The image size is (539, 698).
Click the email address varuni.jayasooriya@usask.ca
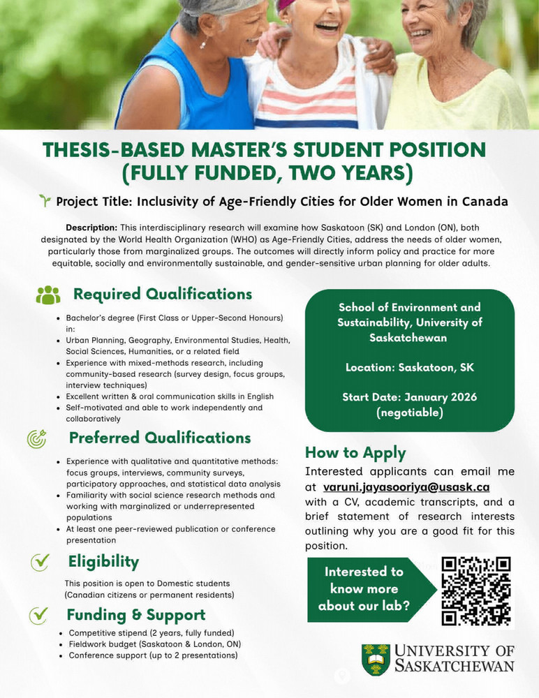[x=406, y=487]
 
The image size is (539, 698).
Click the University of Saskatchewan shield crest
[x=376, y=659]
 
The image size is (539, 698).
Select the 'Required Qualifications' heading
[x=163, y=294]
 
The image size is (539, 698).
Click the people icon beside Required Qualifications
[x=48, y=295]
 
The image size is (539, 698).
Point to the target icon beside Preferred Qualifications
[x=36, y=439]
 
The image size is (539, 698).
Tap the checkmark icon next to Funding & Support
[x=38, y=615]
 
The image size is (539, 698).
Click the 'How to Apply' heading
[x=355, y=452]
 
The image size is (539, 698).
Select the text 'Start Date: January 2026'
[x=410, y=397]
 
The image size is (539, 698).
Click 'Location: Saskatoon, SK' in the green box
[x=410, y=367]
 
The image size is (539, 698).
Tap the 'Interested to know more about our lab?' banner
[x=363, y=588]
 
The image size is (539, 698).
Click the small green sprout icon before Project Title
[x=45, y=202]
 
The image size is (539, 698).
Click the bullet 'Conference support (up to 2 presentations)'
[x=153, y=655]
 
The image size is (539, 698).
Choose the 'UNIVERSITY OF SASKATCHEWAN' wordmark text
[x=454, y=658]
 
